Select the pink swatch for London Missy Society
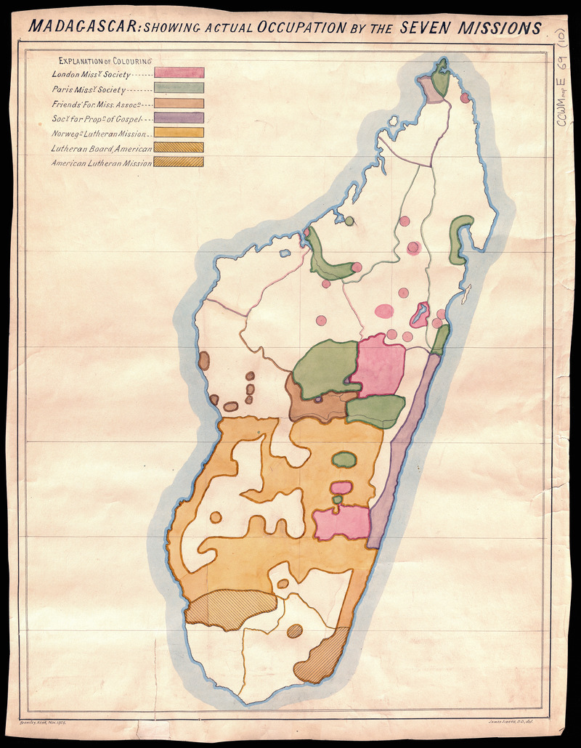point(179,73)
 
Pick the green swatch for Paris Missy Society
point(179,88)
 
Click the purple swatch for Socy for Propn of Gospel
point(179,118)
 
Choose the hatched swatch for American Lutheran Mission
point(179,162)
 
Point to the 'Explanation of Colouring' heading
point(110,61)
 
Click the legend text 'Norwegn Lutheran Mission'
point(99,134)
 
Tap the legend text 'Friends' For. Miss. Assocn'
point(99,104)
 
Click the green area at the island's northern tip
point(440,75)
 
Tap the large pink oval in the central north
point(384,311)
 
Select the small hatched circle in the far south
point(294,631)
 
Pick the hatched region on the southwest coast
point(230,609)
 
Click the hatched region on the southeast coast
point(323,657)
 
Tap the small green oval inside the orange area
point(344,459)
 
